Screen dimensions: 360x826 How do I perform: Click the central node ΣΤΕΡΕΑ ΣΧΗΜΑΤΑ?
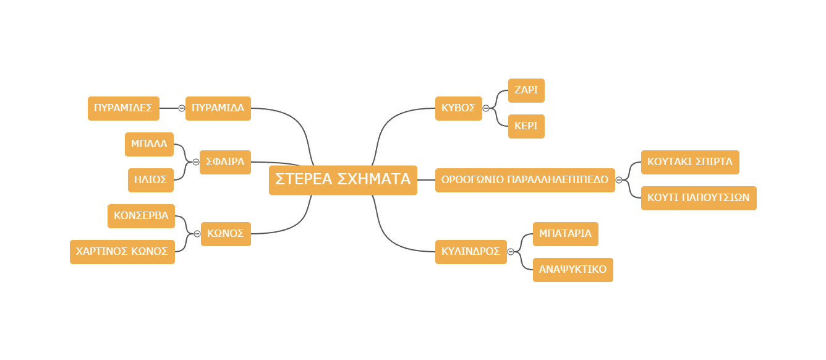(343, 180)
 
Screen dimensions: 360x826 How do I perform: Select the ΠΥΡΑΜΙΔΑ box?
(218, 108)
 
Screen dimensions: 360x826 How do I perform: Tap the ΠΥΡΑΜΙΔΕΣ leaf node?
(124, 108)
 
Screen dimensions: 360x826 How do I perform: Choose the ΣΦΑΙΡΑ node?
(225, 162)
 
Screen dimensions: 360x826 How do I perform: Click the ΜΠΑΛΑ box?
(149, 144)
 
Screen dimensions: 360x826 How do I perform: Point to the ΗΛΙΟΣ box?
(151, 180)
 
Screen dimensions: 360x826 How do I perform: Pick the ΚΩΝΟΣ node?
(226, 234)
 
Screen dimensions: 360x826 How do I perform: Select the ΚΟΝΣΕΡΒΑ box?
(141, 216)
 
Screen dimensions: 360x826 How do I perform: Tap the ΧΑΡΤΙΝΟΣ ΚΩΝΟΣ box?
(122, 252)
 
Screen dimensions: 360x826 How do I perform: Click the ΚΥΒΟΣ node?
(458, 108)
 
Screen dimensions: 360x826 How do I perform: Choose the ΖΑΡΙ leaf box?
(526, 90)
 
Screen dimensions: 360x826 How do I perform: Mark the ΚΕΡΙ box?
(526, 126)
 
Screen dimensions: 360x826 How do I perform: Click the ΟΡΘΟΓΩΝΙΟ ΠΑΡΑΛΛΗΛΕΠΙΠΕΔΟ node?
(525, 180)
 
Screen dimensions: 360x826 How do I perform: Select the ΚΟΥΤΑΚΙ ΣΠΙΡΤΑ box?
(690, 162)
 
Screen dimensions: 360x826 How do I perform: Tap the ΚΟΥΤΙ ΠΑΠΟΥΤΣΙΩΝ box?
(699, 198)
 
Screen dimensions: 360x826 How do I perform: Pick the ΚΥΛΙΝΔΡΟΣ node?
(471, 252)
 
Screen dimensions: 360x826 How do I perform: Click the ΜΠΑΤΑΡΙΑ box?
(566, 234)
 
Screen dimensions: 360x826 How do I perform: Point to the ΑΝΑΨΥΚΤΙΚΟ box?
(573, 270)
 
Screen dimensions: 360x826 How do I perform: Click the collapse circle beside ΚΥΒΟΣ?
(486, 108)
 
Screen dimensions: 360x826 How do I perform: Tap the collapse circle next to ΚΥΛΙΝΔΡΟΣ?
(511, 252)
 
